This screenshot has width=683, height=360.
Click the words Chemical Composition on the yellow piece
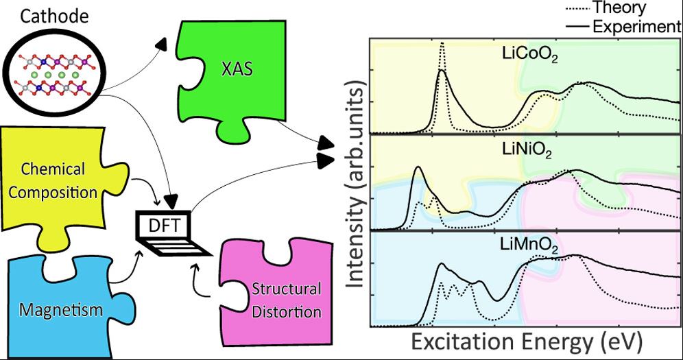click(x=53, y=180)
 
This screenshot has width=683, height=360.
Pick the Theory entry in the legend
click(x=617, y=8)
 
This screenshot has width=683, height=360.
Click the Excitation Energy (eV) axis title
click(x=522, y=341)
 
